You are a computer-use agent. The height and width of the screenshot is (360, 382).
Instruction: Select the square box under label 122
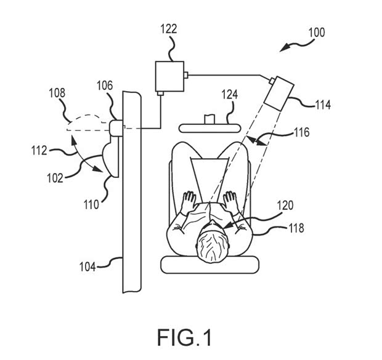(168, 76)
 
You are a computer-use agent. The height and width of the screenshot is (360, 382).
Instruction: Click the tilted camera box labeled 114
(281, 91)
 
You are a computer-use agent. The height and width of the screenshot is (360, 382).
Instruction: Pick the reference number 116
(301, 132)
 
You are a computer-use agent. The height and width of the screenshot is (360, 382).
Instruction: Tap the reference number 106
(105, 87)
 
